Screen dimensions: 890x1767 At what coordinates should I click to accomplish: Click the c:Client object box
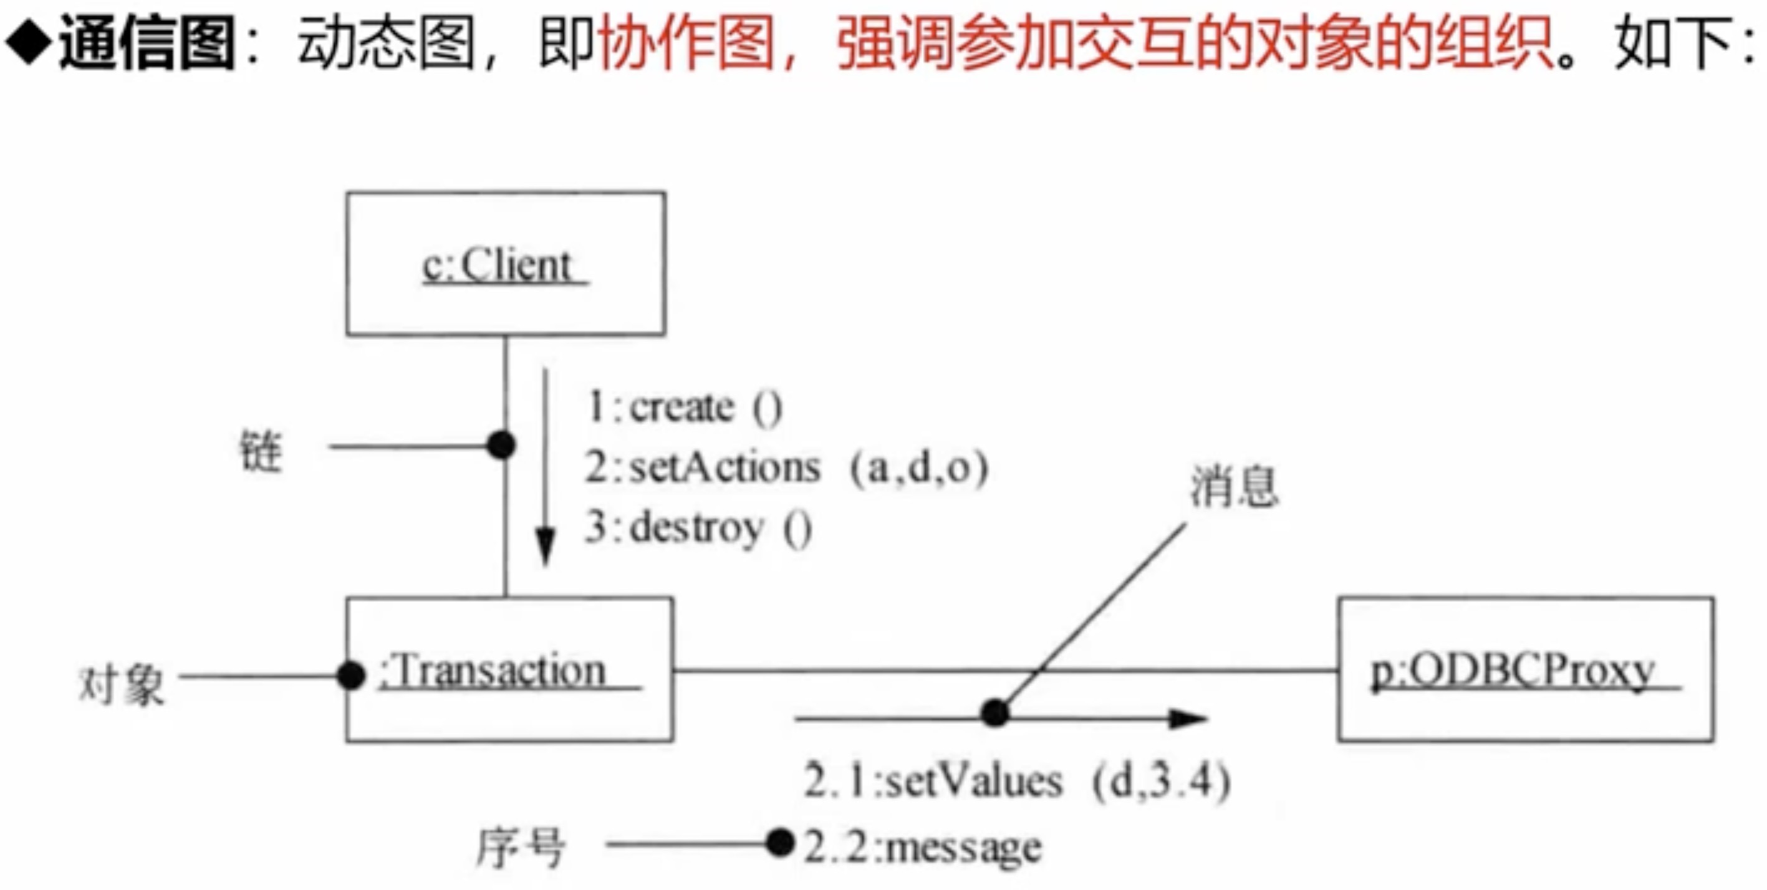[x=506, y=264]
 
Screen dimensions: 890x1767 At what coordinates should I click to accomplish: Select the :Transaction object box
[x=509, y=670]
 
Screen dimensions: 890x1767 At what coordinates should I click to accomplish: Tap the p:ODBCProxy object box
[x=1525, y=670]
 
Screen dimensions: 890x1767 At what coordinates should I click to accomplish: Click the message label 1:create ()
[x=684, y=408]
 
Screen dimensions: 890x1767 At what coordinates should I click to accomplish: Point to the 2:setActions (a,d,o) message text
[x=786, y=468]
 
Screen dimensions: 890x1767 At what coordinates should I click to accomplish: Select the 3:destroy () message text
[x=698, y=529]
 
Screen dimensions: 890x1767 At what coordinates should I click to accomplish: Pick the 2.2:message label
[x=923, y=847]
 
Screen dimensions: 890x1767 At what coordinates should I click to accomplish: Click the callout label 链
[x=261, y=451]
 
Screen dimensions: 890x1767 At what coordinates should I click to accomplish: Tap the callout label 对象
[x=122, y=685]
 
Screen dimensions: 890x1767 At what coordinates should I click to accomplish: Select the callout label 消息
[x=1233, y=486]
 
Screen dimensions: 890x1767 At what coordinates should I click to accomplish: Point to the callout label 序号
[x=521, y=847]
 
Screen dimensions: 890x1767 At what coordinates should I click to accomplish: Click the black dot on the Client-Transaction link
[x=501, y=446]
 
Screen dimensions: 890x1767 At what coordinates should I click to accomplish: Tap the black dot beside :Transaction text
[x=351, y=676]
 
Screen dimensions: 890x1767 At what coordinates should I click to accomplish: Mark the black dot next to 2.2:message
[x=780, y=843]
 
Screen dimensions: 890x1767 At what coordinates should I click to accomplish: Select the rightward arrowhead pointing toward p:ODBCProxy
[x=1187, y=719]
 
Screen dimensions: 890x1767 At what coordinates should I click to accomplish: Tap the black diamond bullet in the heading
[x=28, y=42]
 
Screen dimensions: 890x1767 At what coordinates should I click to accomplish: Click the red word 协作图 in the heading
[x=686, y=43]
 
